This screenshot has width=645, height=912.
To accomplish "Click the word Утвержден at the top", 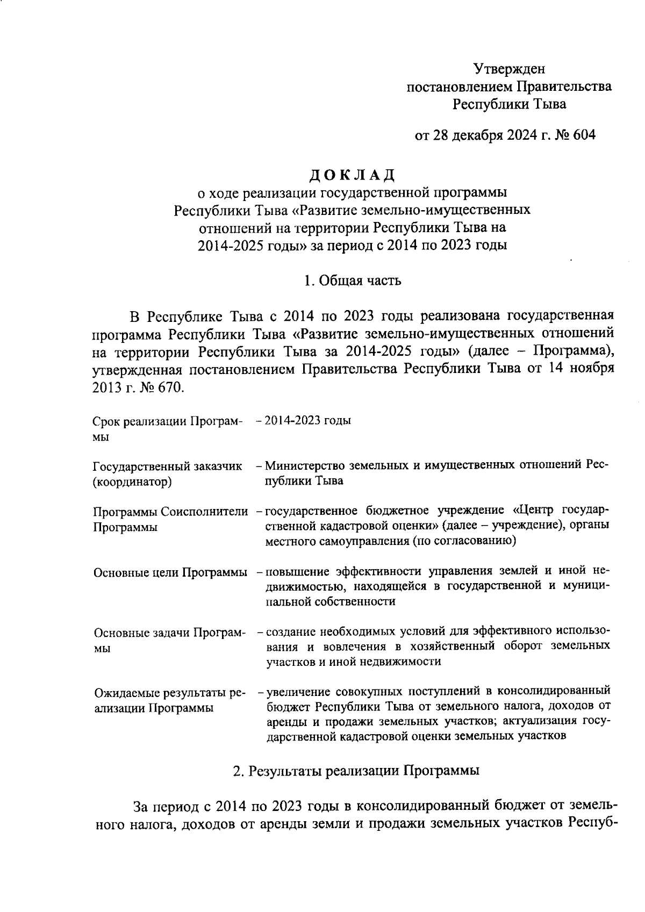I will (509, 69).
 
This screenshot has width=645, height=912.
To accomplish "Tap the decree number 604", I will (582, 135).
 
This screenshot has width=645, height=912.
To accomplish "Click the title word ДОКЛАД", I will (353, 175).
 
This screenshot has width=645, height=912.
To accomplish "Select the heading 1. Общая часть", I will (352, 281).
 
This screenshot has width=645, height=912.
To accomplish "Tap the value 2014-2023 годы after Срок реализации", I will (308, 420).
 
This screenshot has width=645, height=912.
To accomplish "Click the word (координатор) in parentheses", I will (132, 482).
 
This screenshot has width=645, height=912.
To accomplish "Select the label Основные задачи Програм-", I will (169, 633).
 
